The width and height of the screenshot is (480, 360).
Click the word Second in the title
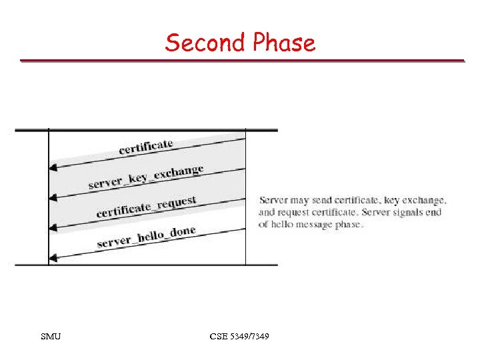[x=205, y=43]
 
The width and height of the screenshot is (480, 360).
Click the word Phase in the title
[x=283, y=43]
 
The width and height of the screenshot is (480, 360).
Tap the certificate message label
[x=146, y=146]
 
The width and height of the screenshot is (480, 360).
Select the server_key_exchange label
[x=146, y=176]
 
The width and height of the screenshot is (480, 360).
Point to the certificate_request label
[x=146, y=206]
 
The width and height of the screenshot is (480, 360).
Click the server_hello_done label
[x=146, y=237]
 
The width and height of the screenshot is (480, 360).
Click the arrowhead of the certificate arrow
[x=53, y=168]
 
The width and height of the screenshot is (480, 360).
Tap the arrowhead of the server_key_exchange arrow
[x=53, y=197]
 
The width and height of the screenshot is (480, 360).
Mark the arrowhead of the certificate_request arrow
[x=53, y=227]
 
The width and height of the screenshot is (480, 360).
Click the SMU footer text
[x=51, y=337]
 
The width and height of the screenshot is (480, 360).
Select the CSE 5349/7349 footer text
[x=239, y=337]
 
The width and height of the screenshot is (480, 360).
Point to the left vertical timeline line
[x=49, y=200]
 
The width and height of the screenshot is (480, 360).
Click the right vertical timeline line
[x=245, y=200]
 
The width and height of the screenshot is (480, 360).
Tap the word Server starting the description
[x=273, y=199]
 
